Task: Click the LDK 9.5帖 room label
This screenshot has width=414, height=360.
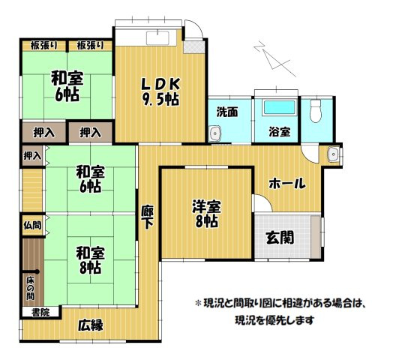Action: [158, 91]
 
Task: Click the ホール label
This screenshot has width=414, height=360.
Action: [287, 181]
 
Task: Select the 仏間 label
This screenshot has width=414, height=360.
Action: [31, 225]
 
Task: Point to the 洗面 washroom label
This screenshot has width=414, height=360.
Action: [227, 112]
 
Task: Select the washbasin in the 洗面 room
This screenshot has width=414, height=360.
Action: [215, 133]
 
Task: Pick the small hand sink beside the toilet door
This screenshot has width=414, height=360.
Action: [334, 155]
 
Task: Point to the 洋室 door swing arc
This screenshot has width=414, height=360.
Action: [259, 202]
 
